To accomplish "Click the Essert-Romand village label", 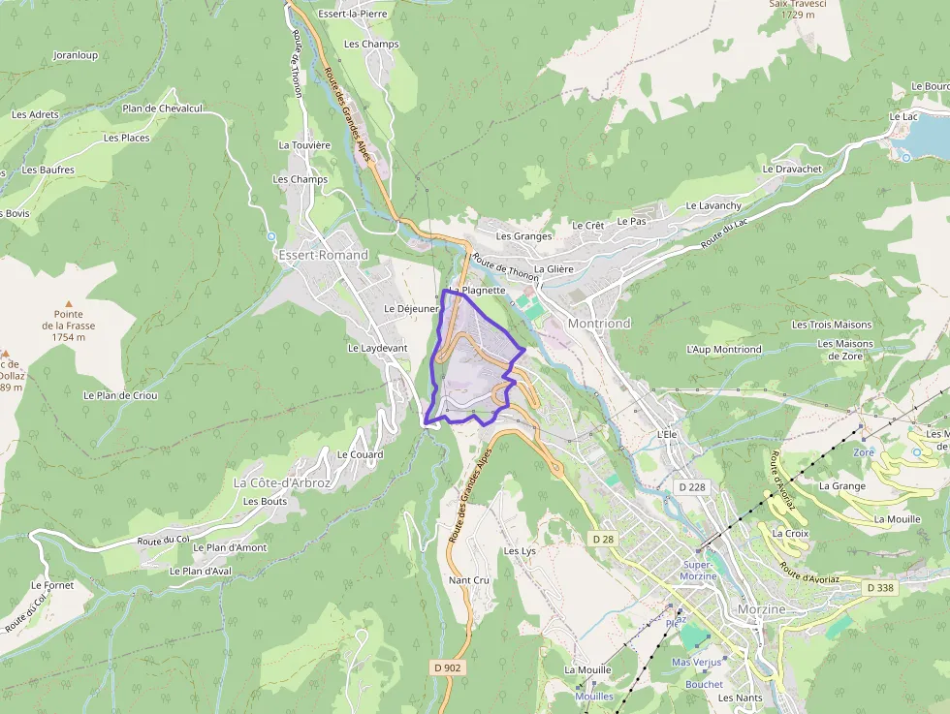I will [x=323, y=255].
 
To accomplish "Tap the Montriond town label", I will [x=599, y=324].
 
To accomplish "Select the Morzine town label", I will [x=760, y=609].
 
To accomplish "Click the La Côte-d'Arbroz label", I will [x=282, y=482].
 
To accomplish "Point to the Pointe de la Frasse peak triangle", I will [x=68, y=304].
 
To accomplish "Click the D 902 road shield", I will [x=447, y=667].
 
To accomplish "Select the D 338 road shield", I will [x=880, y=588].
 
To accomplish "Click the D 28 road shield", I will [x=602, y=538].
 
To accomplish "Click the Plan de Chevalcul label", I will [x=162, y=109].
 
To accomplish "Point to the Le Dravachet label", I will [x=792, y=169].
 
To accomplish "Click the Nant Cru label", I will [x=469, y=580].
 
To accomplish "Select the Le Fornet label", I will [x=52, y=585].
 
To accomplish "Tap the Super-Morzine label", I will [x=698, y=571].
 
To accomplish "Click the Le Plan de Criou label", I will [x=120, y=395].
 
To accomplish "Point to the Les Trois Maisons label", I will [x=832, y=325].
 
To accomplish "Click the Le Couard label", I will [x=360, y=454].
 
